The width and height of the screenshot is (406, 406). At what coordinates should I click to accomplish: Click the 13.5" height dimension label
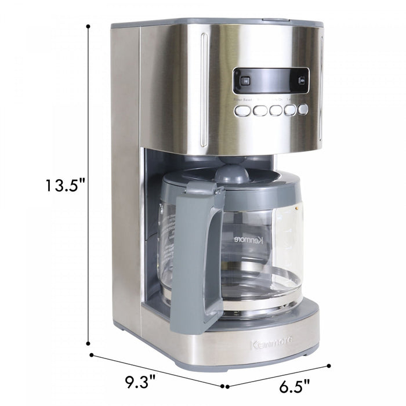click(66, 186)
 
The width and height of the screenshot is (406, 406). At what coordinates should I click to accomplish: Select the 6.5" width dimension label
click(293, 385)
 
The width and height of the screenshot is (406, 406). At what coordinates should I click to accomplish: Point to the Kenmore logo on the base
click(271, 345)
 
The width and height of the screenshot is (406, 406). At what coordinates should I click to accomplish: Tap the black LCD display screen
click(271, 81)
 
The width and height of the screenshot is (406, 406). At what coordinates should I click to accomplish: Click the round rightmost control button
click(302, 109)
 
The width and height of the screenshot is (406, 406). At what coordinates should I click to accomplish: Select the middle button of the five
click(275, 110)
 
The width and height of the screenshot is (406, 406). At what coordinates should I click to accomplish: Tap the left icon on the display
click(245, 81)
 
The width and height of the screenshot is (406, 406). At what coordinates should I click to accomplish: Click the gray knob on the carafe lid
click(232, 172)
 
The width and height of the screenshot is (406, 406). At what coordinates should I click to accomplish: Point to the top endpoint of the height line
click(88, 26)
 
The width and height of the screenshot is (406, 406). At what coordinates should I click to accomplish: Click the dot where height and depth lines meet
click(91, 354)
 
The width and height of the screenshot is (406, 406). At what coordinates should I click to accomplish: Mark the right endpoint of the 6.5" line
click(329, 366)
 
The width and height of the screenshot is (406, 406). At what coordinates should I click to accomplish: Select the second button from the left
click(260, 110)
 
